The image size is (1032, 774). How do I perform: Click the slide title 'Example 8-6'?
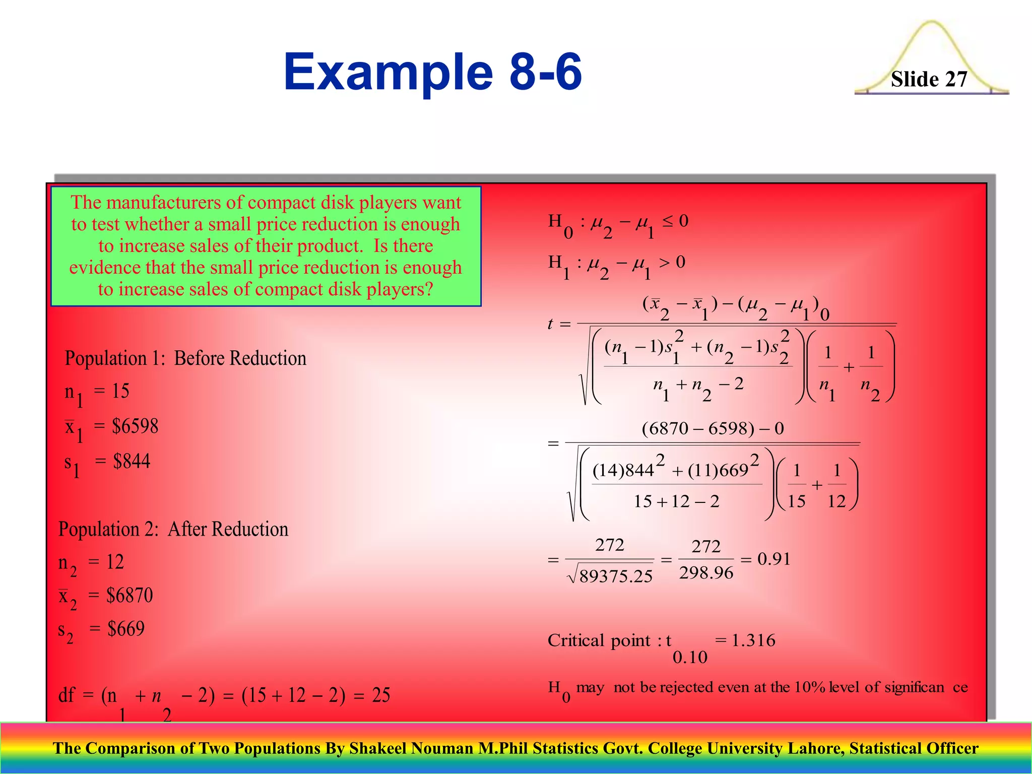click(x=432, y=72)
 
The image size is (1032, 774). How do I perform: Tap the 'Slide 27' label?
click(x=929, y=79)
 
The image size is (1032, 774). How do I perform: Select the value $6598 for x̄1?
click(x=135, y=426)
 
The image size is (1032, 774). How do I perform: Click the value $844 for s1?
click(x=132, y=461)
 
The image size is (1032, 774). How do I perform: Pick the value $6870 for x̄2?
click(x=130, y=596)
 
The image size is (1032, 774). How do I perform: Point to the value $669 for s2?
click(x=126, y=629)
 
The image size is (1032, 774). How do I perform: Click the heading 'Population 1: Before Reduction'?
click(x=185, y=358)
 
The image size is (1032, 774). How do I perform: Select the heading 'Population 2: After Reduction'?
click(x=173, y=529)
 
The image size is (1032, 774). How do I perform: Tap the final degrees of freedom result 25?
click(x=381, y=695)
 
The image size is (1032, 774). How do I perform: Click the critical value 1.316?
click(x=753, y=640)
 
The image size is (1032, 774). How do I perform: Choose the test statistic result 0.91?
click(x=774, y=559)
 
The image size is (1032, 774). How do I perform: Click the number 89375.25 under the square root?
click(x=616, y=576)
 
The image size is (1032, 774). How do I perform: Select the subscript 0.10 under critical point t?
click(x=690, y=657)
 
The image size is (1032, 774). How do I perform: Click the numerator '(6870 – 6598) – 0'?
click(x=713, y=429)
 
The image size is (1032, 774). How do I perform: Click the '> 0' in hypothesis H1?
click(x=672, y=262)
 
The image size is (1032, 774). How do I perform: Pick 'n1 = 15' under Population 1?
click(x=97, y=392)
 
